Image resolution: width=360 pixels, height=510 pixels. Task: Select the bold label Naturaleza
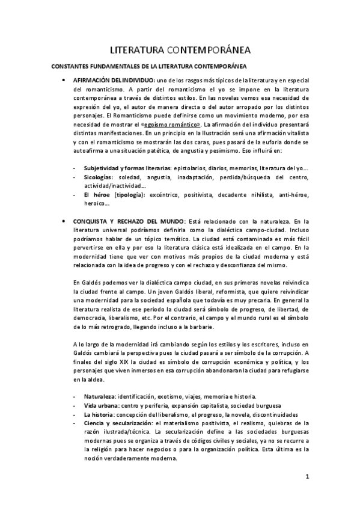point(99,397)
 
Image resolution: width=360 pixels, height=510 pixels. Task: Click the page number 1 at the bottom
point(307,478)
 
